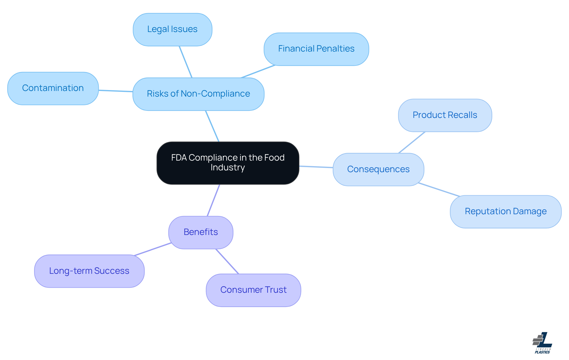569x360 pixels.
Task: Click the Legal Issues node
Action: [172, 29]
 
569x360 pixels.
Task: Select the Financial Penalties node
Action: [316, 49]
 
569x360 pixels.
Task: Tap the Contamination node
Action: [53, 88]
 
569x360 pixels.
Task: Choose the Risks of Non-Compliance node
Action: [198, 94]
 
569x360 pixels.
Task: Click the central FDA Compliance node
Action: [228, 163]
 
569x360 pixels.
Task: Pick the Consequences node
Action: [378, 169]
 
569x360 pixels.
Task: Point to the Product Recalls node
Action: [445, 115]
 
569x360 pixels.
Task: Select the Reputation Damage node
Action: [506, 212]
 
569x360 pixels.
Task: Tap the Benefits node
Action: [201, 232]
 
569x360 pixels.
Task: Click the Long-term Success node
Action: [89, 271]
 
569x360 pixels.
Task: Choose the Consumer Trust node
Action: [253, 290]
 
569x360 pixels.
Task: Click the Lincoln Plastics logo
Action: [542, 343]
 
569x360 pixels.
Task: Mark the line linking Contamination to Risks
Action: [116, 91]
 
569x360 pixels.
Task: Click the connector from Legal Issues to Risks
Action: [186, 62]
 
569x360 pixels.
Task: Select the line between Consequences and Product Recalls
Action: [412, 143]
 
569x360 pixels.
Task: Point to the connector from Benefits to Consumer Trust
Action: [227, 261]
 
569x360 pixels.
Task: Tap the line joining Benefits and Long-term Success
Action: [153, 249]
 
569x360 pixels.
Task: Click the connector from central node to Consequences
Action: [316, 167]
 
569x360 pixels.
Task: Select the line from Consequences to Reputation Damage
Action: [439, 190]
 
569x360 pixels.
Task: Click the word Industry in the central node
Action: [228, 168]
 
